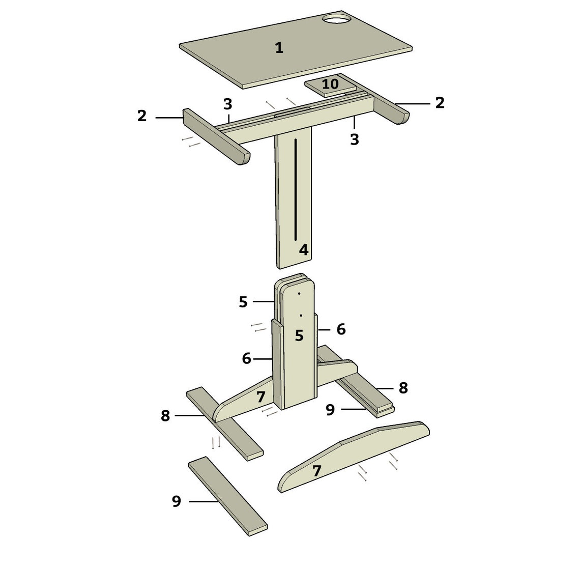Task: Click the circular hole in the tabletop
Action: pyautogui.click(x=336, y=19)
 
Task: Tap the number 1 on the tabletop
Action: pyautogui.click(x=279, y=48)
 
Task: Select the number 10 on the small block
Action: pyautogui.click(x=330, y=84)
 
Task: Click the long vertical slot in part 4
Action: pyautogui.click(x=295, y=189)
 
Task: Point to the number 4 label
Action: pyautogui.click(x=303, y=250)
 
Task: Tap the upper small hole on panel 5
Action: pyautogui.click(x=299, y=294)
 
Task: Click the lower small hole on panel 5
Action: pyautogui.click(x=301, y=316)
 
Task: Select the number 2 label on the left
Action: pyautogui.click(x=142, y=116)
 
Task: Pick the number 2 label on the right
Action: pyautogui.click(x=440, y=103)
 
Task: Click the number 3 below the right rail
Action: pyautogui.click(x=355, y=139)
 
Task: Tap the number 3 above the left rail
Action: pyautogui.click(x=227, y=104)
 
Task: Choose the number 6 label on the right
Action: pyautogui.click(x=341, y=329)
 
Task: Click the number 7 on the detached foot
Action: pyautogui.click(x=316, y=471)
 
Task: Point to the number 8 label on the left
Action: pyautogui.click(x=165, y=415)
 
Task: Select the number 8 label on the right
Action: pyautogui.click(x=403, y=388)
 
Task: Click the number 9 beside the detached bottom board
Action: pyautogui.click(x=177, y=501)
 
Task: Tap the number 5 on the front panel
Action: pyautogui.click(x=299, y=335)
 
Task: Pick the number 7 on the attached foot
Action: pyautogui.click(x=261, y=397)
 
